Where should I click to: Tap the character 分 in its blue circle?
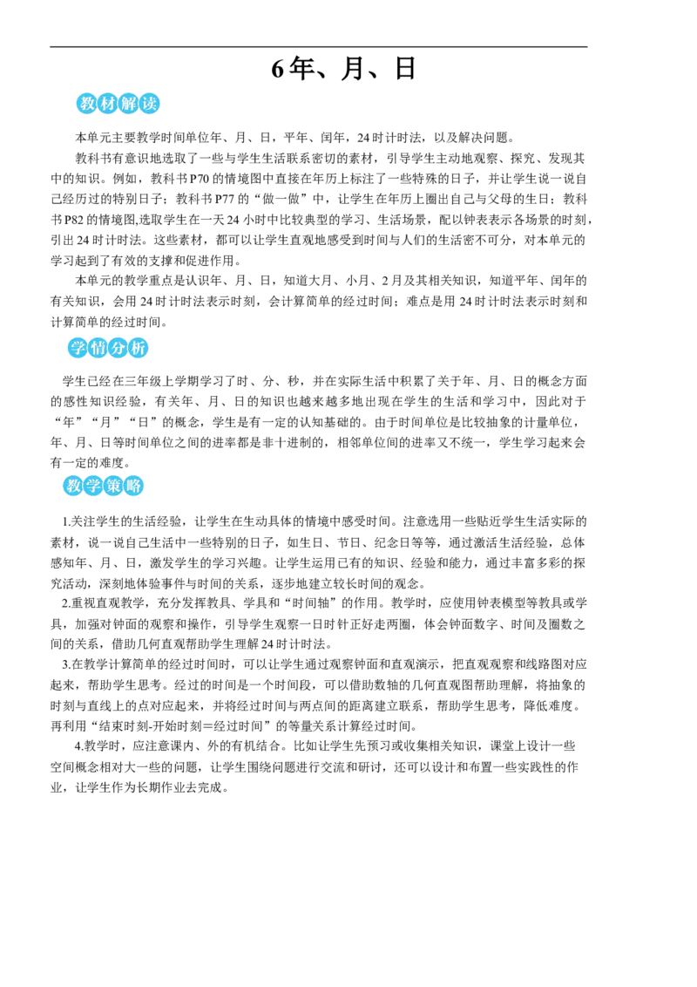tap(119, 349)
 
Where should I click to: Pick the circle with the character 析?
tap(140, 349)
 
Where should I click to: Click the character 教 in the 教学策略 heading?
tap(73, 487)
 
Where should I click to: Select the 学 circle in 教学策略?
tap(93, 487)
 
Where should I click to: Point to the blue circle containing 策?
tap(113, 487)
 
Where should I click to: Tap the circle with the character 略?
tap(133, 487)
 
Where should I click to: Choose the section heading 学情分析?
tap(109, 349)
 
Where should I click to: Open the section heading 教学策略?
tap(103, 487)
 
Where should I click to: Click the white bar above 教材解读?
tap(118, 86)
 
